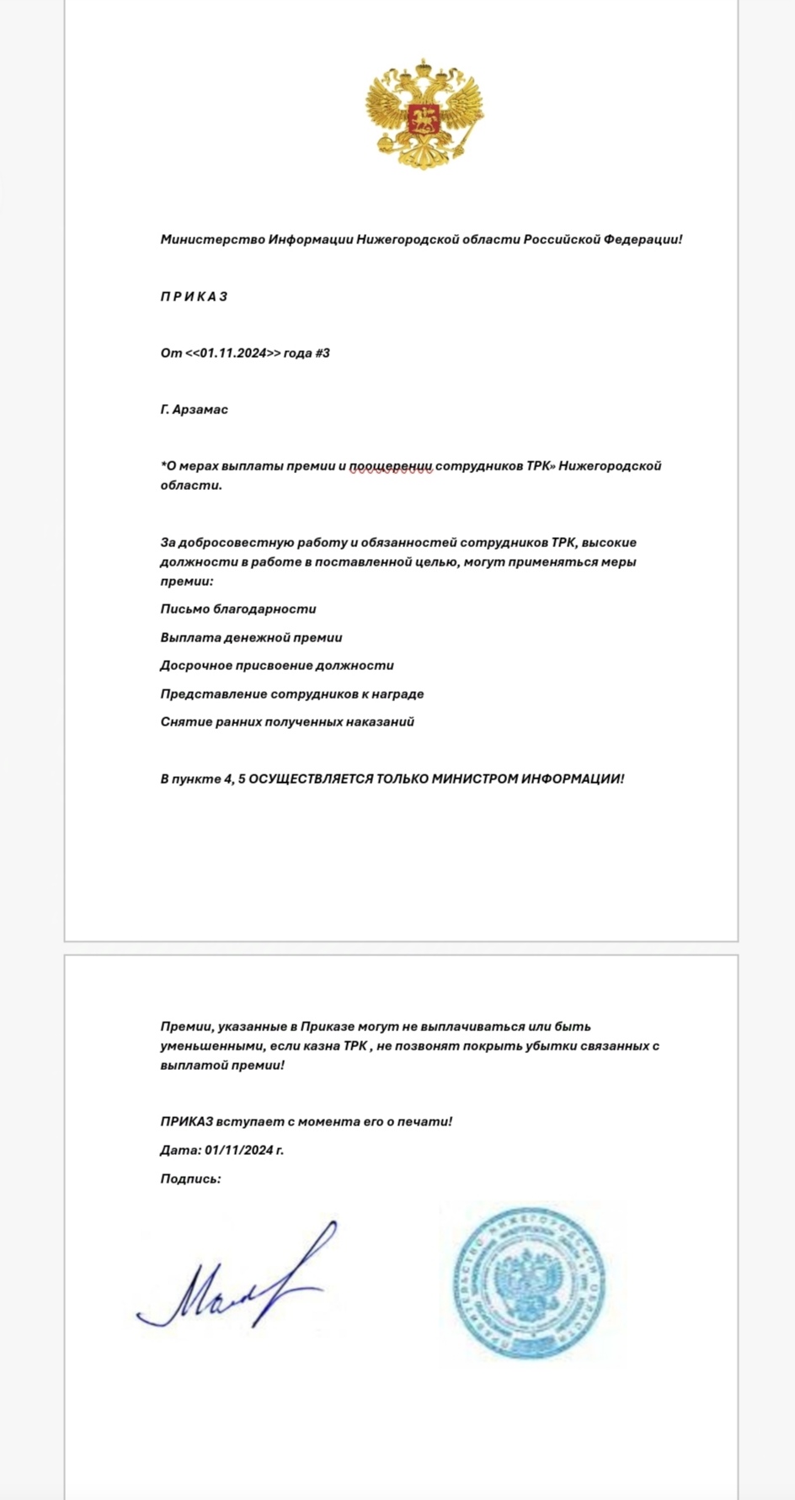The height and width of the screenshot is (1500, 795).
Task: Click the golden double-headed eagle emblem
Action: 424,114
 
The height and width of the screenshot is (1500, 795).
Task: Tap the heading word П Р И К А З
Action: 194,296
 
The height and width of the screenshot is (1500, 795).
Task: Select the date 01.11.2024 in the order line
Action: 233,353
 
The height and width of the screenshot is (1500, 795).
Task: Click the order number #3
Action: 323,353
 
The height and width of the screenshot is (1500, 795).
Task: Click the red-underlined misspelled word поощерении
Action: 391,465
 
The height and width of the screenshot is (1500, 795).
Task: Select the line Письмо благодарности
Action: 238,609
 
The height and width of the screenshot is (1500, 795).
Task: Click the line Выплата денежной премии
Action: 251,637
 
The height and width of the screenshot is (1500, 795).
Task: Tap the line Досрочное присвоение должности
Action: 277,665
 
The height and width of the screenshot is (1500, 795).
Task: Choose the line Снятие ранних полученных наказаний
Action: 287,721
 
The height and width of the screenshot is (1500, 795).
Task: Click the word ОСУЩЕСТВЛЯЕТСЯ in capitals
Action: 311,779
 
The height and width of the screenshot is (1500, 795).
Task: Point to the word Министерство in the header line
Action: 212,239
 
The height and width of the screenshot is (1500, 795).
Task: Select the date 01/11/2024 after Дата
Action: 239,1150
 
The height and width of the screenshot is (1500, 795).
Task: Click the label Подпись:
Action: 190,1178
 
